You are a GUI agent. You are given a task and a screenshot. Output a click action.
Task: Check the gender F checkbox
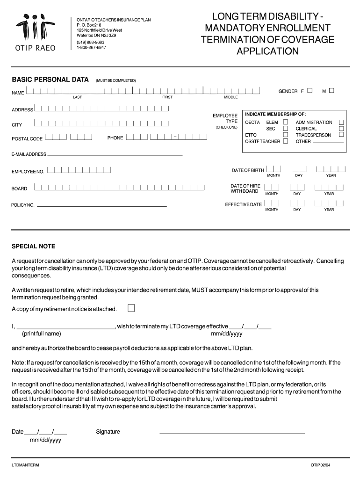[310, 91]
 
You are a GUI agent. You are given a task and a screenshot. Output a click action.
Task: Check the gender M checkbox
[331, 91]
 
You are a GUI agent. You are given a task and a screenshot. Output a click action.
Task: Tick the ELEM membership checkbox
[285, 122]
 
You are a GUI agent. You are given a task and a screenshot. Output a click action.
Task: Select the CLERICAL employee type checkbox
[341, 129]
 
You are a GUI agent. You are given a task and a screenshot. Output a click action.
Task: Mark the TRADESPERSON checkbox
[341, 135]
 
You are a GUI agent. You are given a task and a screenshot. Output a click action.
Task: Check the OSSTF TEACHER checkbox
[285, 141]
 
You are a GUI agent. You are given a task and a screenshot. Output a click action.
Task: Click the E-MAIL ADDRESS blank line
[115, 154]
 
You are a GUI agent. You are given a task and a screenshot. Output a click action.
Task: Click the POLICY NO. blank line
[101, 205]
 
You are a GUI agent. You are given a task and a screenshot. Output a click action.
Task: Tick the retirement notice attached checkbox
[131, 308]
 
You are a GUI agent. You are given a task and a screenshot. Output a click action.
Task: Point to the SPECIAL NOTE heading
[33, 246]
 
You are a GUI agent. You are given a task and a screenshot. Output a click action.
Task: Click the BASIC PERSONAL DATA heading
[50, 80]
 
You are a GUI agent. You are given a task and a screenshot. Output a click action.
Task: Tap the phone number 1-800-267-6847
[91, 47]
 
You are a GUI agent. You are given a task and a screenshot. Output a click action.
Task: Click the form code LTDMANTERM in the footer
[26, 465]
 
